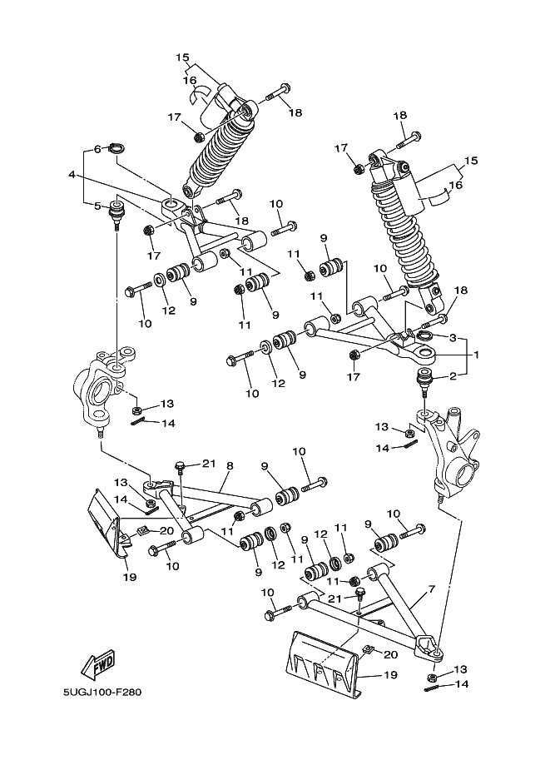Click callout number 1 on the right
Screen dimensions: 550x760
coord(476,355)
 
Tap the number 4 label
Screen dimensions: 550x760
coord(72,174)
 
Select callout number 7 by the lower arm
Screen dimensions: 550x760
coord(431,589)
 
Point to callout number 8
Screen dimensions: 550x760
coord(230,466)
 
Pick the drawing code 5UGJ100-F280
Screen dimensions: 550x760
coord(102,692)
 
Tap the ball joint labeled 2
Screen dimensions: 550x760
coord(425,381)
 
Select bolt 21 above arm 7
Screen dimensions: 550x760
coord(359,594)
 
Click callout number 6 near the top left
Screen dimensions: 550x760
coord(97,149)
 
